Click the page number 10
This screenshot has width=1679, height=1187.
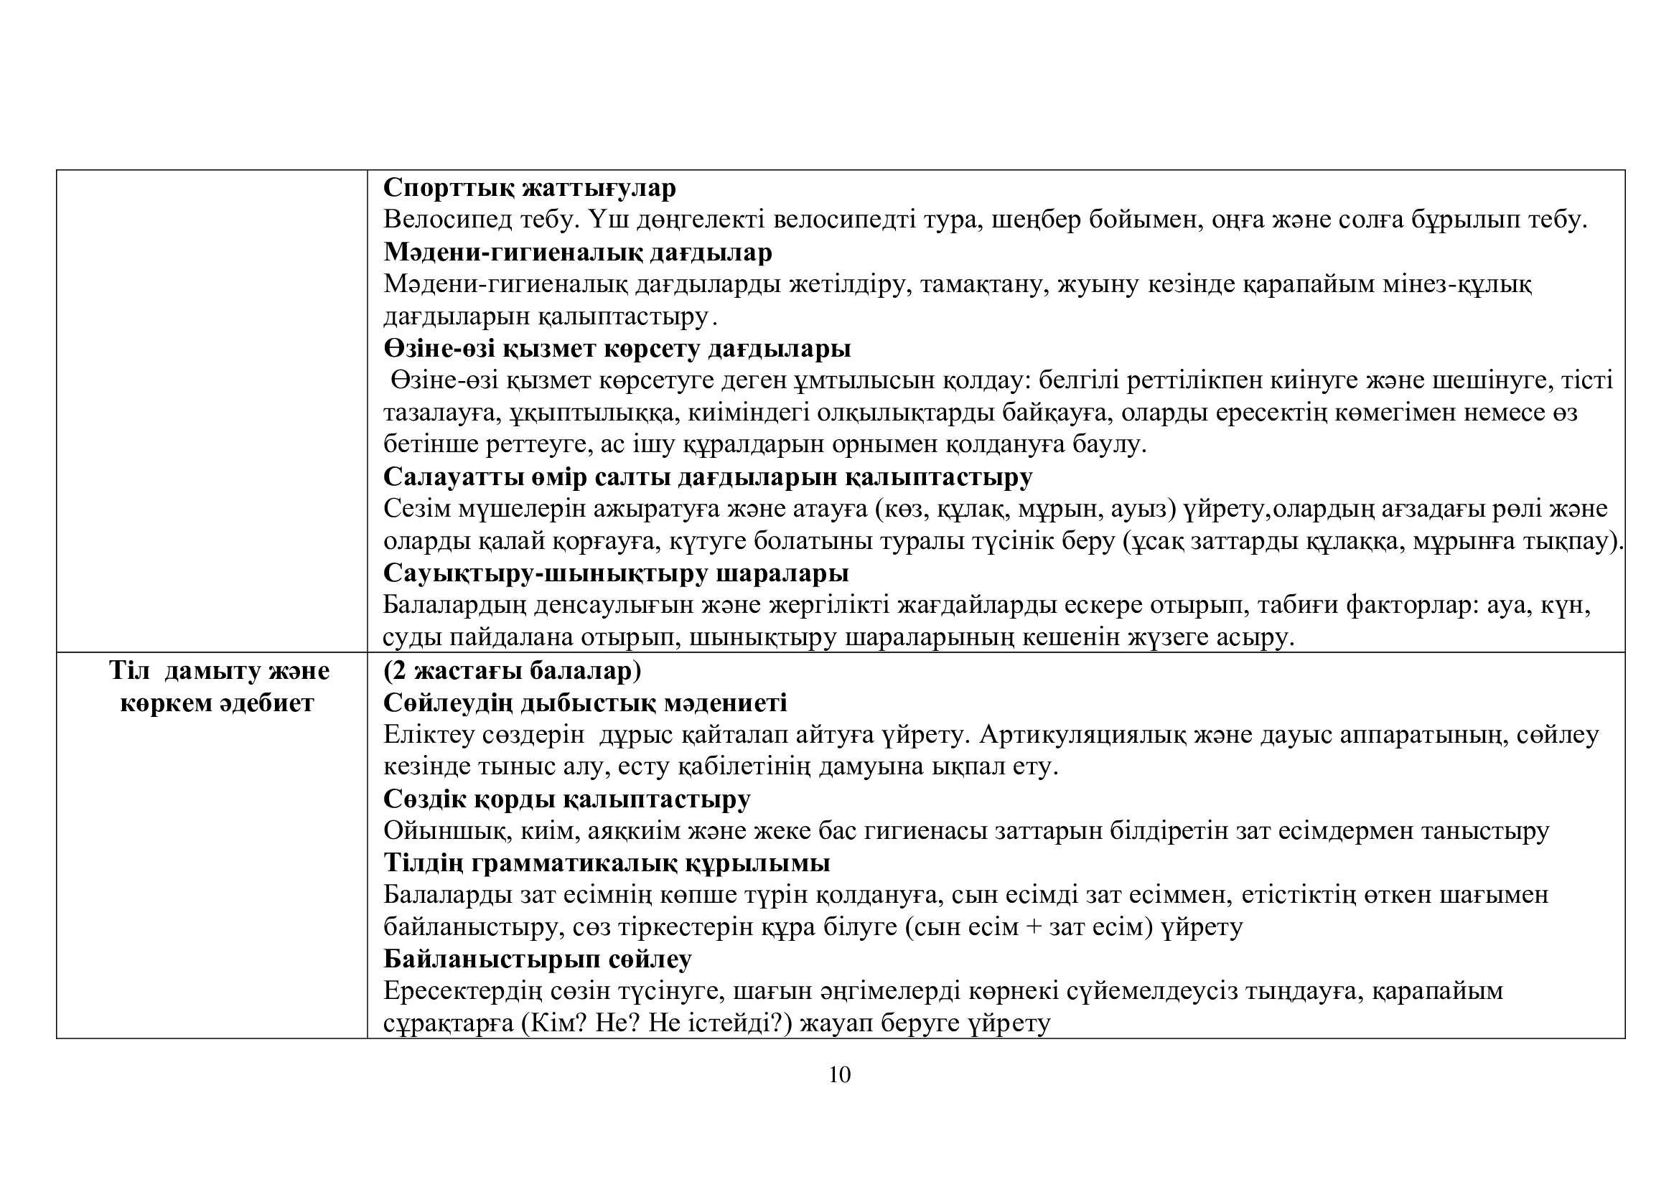point(840,1074)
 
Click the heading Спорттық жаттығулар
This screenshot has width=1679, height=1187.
point(530,189)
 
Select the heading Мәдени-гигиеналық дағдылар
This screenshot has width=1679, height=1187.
point(578,253)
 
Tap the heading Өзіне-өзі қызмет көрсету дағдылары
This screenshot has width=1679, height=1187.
point(617,349)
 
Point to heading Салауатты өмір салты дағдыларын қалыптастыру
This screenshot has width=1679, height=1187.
point(708,477)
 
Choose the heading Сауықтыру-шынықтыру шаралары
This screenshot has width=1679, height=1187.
point(616,573)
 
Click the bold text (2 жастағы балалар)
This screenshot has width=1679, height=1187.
point(512,670)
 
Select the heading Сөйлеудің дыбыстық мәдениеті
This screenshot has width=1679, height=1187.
point(585,703)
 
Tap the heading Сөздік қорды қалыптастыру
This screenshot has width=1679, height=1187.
point(567,799)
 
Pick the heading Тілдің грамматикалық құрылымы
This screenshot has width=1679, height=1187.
point(607,864)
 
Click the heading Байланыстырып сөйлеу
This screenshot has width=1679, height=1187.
point(538,960)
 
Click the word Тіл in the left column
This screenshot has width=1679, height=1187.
point(129,671)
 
